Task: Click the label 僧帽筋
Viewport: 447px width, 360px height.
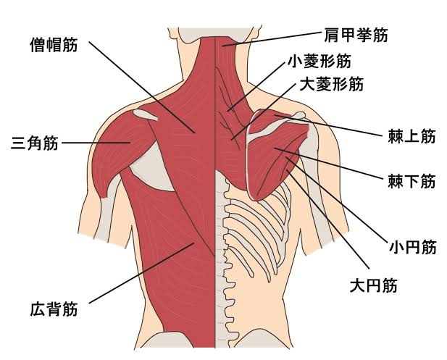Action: pyautogui.click(x=54, y=44)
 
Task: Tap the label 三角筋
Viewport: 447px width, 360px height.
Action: pyautogui.click(x=35, y=143)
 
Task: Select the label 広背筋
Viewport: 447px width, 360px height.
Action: pyautogui.click(x=54, y=309)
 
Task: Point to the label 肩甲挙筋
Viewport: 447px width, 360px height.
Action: pyautogui.click(x=356, y=35)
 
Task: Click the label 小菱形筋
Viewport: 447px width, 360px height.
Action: pyautogui.click(x=319, y=61)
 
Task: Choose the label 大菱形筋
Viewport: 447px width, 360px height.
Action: pyautogui.click(x=332, y=84)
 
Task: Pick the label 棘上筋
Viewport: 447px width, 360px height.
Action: pyautogui.click(x=412, y=136)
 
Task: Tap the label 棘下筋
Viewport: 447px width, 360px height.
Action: pyautogui.click(x=412, y=180)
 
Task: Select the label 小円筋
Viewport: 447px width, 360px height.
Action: pyautogui.click(x=413, y=246)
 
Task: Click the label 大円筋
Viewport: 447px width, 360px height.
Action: pyautogui.click(x=373, y=285)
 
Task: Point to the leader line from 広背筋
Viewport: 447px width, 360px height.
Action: pyautogui.click(x=142, y=273)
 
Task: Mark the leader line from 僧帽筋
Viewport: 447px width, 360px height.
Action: pyautogui.click(x=142, y=87)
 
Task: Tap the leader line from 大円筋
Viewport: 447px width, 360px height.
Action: pyautogui.click(x=328, y=219)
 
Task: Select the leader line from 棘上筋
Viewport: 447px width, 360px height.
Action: pyautogui.click(x=328, y=125)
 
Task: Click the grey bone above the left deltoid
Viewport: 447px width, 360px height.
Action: pyautogui.click(x=145, y=115)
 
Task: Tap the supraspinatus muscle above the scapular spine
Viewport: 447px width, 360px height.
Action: pyautogui.click(x=274, y=120)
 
